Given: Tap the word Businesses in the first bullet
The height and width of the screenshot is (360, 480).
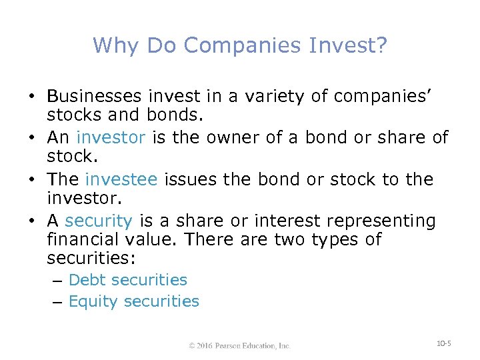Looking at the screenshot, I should pyautogui.click(x=95, y=97).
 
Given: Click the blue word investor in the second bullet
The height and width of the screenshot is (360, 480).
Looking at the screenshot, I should pyautogui.click(x=111, y=138).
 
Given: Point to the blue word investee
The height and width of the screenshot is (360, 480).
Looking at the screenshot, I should pyautogui.click(x=121, y=179).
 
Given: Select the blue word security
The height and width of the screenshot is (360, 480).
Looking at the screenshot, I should pyautogui.click(x=99, y=221).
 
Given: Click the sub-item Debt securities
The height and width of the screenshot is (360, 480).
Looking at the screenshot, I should pyautogui.click(x=127, y=280).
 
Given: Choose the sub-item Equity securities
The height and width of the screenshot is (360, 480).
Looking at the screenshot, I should pyautogui.click(x=133, y=301).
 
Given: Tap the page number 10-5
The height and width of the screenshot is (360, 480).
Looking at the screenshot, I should pyautogui.click(x=443, y=343).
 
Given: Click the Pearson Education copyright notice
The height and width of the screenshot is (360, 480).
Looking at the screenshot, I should pyautogui.click(x=239, y=345).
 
